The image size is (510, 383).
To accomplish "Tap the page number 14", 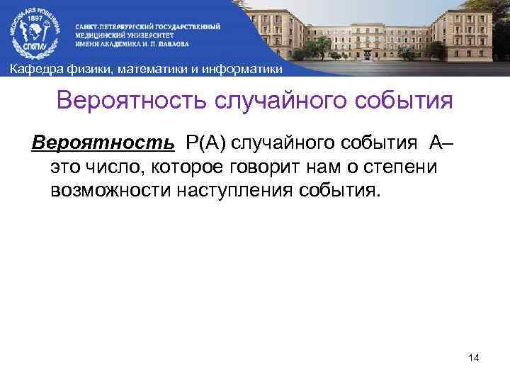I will point(474,359).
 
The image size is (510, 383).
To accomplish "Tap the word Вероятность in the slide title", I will point(130,101).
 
